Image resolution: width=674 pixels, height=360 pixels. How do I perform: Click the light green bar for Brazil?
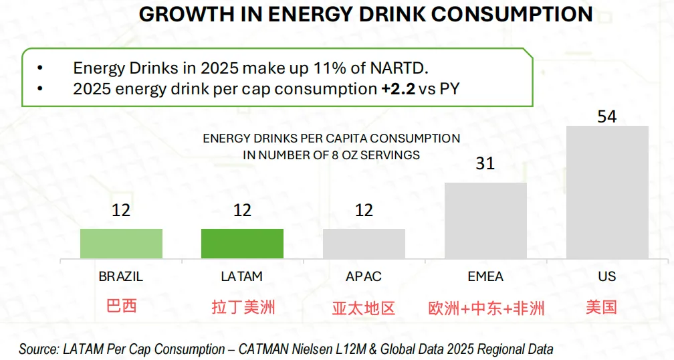[121, 244]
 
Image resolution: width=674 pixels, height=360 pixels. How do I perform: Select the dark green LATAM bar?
[242, 244]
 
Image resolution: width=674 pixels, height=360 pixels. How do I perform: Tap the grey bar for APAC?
[364, 244]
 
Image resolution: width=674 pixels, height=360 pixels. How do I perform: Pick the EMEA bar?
[485, 220]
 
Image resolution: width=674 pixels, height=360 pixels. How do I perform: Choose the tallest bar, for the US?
[607, 192]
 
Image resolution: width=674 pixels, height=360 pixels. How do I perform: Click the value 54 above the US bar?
[606, 116]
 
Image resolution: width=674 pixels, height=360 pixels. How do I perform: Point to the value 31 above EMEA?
[485, 163]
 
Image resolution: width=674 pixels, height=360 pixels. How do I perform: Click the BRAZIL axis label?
[121, 276]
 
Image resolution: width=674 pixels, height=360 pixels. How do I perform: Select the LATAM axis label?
[242, 276]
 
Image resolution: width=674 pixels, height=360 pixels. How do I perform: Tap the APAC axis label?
[364, 276]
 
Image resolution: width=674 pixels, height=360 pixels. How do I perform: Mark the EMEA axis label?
[485, 276]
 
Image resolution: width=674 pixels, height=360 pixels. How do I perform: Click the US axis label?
[607, 276]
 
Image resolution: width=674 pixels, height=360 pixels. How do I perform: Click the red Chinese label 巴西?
[121, 306]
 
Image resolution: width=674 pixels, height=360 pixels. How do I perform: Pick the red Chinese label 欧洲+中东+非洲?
[486, 308]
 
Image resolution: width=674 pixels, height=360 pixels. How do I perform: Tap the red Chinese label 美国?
[601, 307]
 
